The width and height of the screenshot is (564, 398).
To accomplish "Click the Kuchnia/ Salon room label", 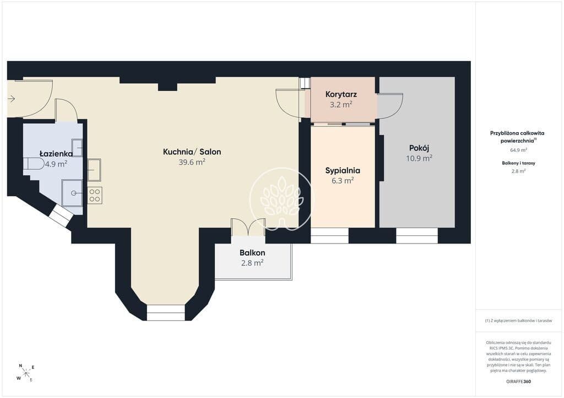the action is [x=192, y=152].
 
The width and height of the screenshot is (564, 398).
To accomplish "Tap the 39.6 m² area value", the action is [x=192, y=162].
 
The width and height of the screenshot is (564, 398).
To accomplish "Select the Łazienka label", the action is [x=56, y=153].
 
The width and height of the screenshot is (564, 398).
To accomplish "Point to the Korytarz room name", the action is [x=341, y=95].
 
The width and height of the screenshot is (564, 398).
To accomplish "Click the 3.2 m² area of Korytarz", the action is [x=341, y=105].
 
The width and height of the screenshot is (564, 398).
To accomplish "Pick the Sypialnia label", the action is [x=343, y=170].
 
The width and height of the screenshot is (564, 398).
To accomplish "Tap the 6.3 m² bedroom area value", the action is [x=343, y=180].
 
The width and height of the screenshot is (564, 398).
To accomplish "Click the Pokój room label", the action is [x=419, y=148].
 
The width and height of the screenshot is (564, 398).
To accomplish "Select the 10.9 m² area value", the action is [x=419, y=158].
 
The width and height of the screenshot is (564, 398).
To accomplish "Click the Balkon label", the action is [x=252, y=253].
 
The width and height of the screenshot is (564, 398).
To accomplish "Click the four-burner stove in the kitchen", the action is [x=95, y=195].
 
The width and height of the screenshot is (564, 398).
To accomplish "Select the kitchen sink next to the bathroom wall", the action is [x=94, y=170].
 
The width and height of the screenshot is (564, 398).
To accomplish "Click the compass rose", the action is [x=26, y=373].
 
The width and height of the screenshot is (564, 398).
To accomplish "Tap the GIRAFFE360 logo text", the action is [x=518, y=382].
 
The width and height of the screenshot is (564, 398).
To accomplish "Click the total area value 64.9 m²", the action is [x=519, y=150].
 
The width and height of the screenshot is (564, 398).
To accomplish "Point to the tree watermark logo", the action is [x=283, y=200].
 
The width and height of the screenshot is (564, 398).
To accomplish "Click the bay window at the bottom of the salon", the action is [x=166, y=313].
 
